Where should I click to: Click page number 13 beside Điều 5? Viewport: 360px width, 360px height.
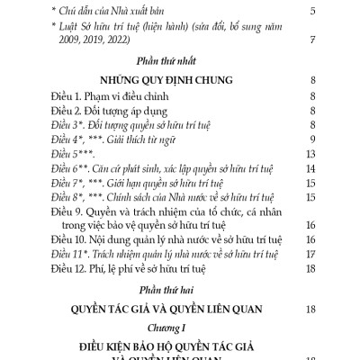pos(309,155)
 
